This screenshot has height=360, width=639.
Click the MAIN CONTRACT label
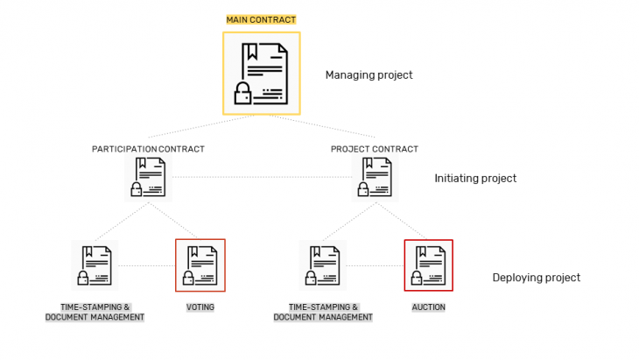(261, 19)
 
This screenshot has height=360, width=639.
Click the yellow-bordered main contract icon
(261, 73)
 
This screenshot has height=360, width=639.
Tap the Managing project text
(369, 75)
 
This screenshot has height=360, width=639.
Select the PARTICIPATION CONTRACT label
(148, 149)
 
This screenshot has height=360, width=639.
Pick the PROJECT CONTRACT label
(375, 149)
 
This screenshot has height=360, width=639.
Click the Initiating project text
(475, 179)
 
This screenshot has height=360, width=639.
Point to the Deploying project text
(536, 278)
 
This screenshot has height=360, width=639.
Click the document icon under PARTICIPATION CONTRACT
(148, 178)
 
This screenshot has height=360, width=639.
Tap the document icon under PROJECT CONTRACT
(376, 178)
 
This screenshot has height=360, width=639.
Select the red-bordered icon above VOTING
(200, 265)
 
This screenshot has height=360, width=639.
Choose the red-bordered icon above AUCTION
(428, 265)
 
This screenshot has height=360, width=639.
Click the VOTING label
(200, 307)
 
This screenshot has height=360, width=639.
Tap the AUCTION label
(428, 307)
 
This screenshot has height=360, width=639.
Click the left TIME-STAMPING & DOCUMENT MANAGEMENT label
(95, 312)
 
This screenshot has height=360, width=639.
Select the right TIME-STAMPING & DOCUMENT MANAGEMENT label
(323, 312)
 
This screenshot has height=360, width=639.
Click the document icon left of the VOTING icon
(95, 265)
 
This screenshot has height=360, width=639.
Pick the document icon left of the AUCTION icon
(322, 265)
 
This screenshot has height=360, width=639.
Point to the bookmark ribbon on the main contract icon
(252, 53)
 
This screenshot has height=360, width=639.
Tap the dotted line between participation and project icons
(263, 179)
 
